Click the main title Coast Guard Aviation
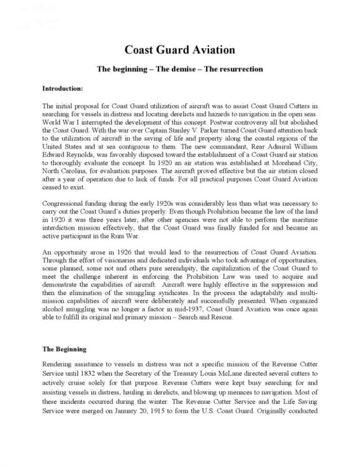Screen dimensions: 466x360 click(180, 50)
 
